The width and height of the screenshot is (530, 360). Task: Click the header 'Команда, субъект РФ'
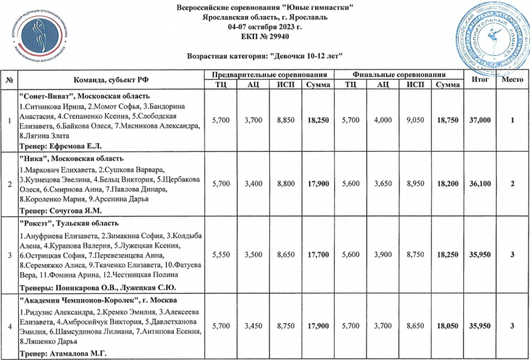click(110, 80)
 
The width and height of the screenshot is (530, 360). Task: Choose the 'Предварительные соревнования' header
click(269, 75)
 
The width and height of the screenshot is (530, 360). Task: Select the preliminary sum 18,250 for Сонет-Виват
click(317, 120)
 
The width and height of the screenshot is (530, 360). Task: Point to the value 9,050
click(415, 120)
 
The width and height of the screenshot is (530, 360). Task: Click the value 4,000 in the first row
click(383, 120)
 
